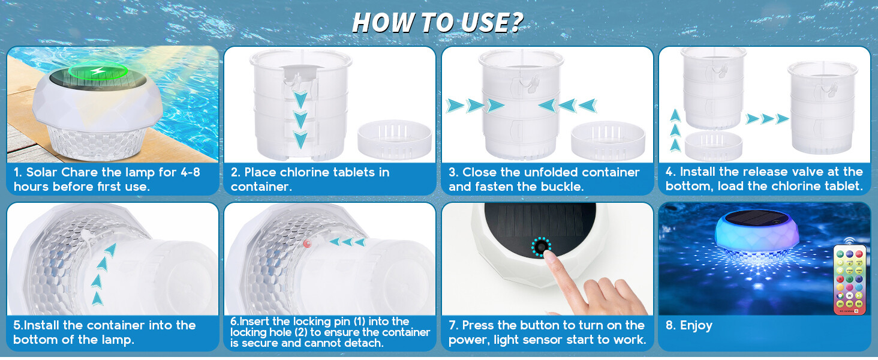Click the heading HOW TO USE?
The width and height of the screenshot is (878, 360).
(437, 22)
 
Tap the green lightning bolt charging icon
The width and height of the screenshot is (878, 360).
(97, 71)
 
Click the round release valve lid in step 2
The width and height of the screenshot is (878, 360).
(394, 140)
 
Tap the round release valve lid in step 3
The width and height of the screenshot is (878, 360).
(608, 140)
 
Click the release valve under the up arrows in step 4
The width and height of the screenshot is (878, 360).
(714, 146)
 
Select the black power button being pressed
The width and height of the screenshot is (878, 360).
(542, 247)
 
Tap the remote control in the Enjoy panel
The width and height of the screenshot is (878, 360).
(849, 279)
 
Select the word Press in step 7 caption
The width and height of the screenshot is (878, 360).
(479, 325)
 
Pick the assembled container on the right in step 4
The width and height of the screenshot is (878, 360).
(822, 107)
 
